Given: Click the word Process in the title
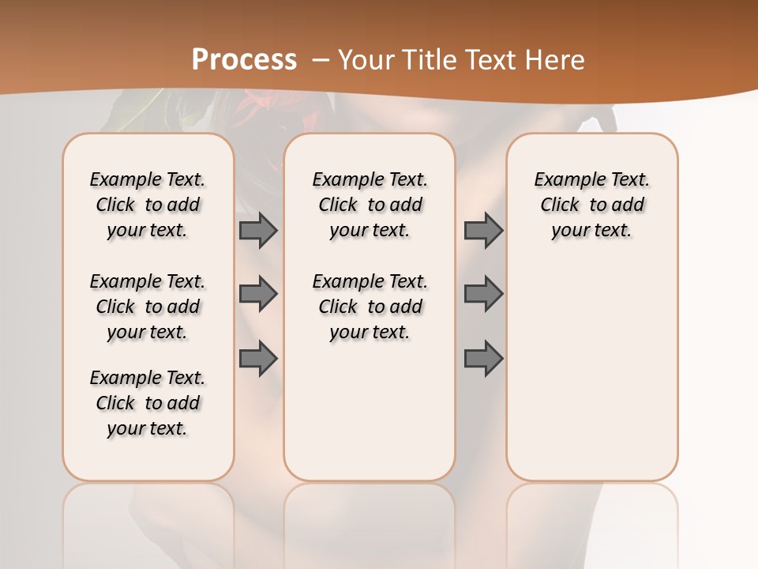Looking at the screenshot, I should [x=244, y=60].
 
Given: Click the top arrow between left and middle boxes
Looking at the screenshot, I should [x=258, y=230].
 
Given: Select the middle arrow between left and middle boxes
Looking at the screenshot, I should [x=258, y=294].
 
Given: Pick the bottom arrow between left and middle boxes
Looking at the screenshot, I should [x=258, y=359].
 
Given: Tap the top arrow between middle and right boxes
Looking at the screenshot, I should [x=483, y=230].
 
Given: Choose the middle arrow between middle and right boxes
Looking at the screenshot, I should [x=483, y=294].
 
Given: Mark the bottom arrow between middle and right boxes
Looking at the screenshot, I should [x=483, y=359].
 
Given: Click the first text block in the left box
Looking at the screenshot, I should [x=148, y=205].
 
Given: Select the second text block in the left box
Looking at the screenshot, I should [x=148, y=307].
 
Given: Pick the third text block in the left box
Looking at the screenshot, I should [x=148, y=403].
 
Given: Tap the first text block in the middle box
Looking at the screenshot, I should [x=370, y=205].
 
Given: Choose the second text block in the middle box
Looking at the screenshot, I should [x=370, y=307].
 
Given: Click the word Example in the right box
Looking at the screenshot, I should [x=562, y=180].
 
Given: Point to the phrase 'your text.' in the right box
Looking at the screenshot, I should [x=591, y=231].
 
